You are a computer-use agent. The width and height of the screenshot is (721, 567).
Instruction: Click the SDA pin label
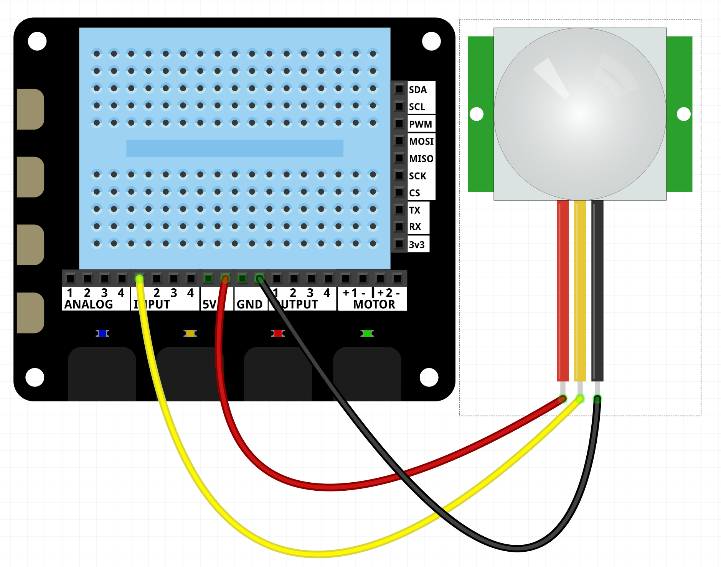[417, 90]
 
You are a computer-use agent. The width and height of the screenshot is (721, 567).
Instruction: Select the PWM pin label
[420, 124]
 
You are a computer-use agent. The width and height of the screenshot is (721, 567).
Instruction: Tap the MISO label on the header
[421, 159]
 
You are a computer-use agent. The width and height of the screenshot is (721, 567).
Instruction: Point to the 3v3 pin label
[417, 245]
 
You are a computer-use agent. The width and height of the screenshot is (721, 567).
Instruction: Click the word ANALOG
[89, 304]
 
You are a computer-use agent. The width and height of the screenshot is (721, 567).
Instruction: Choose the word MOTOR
[374, 304]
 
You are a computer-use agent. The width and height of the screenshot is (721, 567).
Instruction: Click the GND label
[250, 304]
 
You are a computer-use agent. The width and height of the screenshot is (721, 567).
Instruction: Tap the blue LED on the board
[102, 334]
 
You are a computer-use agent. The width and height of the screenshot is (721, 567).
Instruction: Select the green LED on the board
[367, 334]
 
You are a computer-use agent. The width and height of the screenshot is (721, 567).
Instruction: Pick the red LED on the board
[278, 334]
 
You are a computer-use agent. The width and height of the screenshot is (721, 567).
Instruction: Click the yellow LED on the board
[190, 334]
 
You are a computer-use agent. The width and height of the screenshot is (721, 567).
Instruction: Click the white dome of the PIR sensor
[580, 114]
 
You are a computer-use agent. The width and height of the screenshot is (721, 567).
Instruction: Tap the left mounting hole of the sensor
[477, 114]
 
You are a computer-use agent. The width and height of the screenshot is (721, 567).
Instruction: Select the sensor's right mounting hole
[683, 114]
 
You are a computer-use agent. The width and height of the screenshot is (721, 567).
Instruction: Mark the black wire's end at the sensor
[597, 399]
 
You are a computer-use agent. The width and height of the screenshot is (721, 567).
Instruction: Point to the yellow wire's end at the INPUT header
[139, 279]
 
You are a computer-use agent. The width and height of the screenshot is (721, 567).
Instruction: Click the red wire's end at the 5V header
[225, 279]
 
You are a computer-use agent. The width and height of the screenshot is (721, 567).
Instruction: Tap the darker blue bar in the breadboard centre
[235, 148]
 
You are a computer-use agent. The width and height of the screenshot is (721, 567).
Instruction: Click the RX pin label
[415, 227]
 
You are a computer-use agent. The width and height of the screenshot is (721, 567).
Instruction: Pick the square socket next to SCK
[399, 176]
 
